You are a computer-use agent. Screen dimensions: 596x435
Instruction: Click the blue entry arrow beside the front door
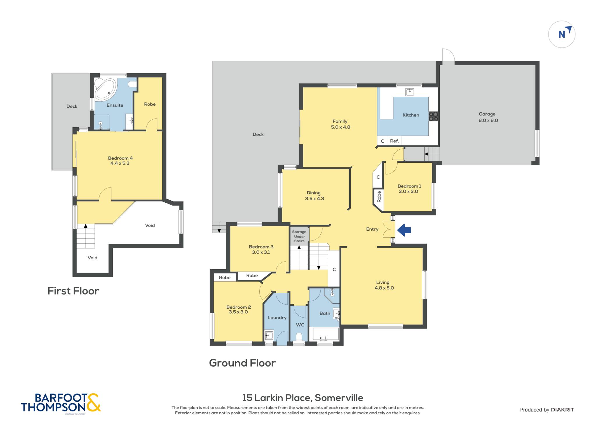[404, 230]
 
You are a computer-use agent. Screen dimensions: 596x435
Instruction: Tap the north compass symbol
[562, 34]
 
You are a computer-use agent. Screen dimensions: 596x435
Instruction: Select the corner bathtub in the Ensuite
[105, 89]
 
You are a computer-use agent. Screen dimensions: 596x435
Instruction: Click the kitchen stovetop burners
[434, 116]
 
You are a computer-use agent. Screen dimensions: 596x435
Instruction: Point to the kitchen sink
[410, 92]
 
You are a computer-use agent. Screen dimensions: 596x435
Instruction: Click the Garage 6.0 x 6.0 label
[488, 117]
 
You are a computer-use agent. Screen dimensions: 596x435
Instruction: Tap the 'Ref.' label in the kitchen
[394, 141]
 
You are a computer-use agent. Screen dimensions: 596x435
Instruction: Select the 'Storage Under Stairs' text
[299, 236]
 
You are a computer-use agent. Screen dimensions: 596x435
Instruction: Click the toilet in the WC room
[299, 337]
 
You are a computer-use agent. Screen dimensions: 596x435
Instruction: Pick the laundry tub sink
[269, 335]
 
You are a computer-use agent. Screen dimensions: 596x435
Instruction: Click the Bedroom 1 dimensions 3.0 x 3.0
[408, 192]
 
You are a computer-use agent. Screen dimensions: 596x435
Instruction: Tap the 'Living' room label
[383, 282]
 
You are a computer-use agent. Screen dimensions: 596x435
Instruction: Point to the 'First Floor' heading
[73, 291]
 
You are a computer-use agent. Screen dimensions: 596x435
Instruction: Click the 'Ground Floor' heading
[242, 363]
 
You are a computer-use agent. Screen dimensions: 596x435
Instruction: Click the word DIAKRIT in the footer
[562, 410]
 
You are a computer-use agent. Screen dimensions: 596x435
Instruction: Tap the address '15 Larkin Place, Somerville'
[303, 398]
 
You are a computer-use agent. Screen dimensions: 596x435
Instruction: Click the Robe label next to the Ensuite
[150, 104]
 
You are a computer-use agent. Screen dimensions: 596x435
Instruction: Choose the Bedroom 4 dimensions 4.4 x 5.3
[120, 163]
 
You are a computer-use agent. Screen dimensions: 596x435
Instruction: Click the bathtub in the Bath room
[326, 334]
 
